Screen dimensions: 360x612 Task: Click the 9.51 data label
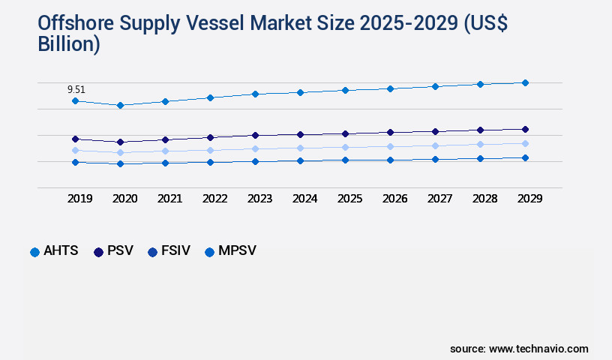pos(76,89)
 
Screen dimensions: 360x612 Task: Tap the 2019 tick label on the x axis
pos(79,199)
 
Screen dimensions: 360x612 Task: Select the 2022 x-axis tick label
pos(214,199)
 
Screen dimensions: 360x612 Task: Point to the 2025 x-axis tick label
pos(349,199)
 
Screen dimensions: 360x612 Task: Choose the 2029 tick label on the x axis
pos(529,199)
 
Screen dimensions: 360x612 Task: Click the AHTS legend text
pos(61,251)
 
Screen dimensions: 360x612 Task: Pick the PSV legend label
pos(120,251)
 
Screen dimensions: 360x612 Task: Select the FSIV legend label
pos(176,251)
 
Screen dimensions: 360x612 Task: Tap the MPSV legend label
pos(237,251)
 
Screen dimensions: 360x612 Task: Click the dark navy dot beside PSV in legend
pos(98,252)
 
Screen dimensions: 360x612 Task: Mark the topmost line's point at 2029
pos(525,82)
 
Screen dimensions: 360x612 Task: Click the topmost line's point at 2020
pos(120,105)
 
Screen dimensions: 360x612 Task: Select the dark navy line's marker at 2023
pos(255,135)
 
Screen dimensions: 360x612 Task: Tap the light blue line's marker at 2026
pos(390,146)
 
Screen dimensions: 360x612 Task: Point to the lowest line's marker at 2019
pos(75,162)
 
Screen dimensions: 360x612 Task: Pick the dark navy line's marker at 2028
pos(480,130)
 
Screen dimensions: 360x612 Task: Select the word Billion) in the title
pos(69,43)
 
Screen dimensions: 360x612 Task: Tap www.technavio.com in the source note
pos(538,349)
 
